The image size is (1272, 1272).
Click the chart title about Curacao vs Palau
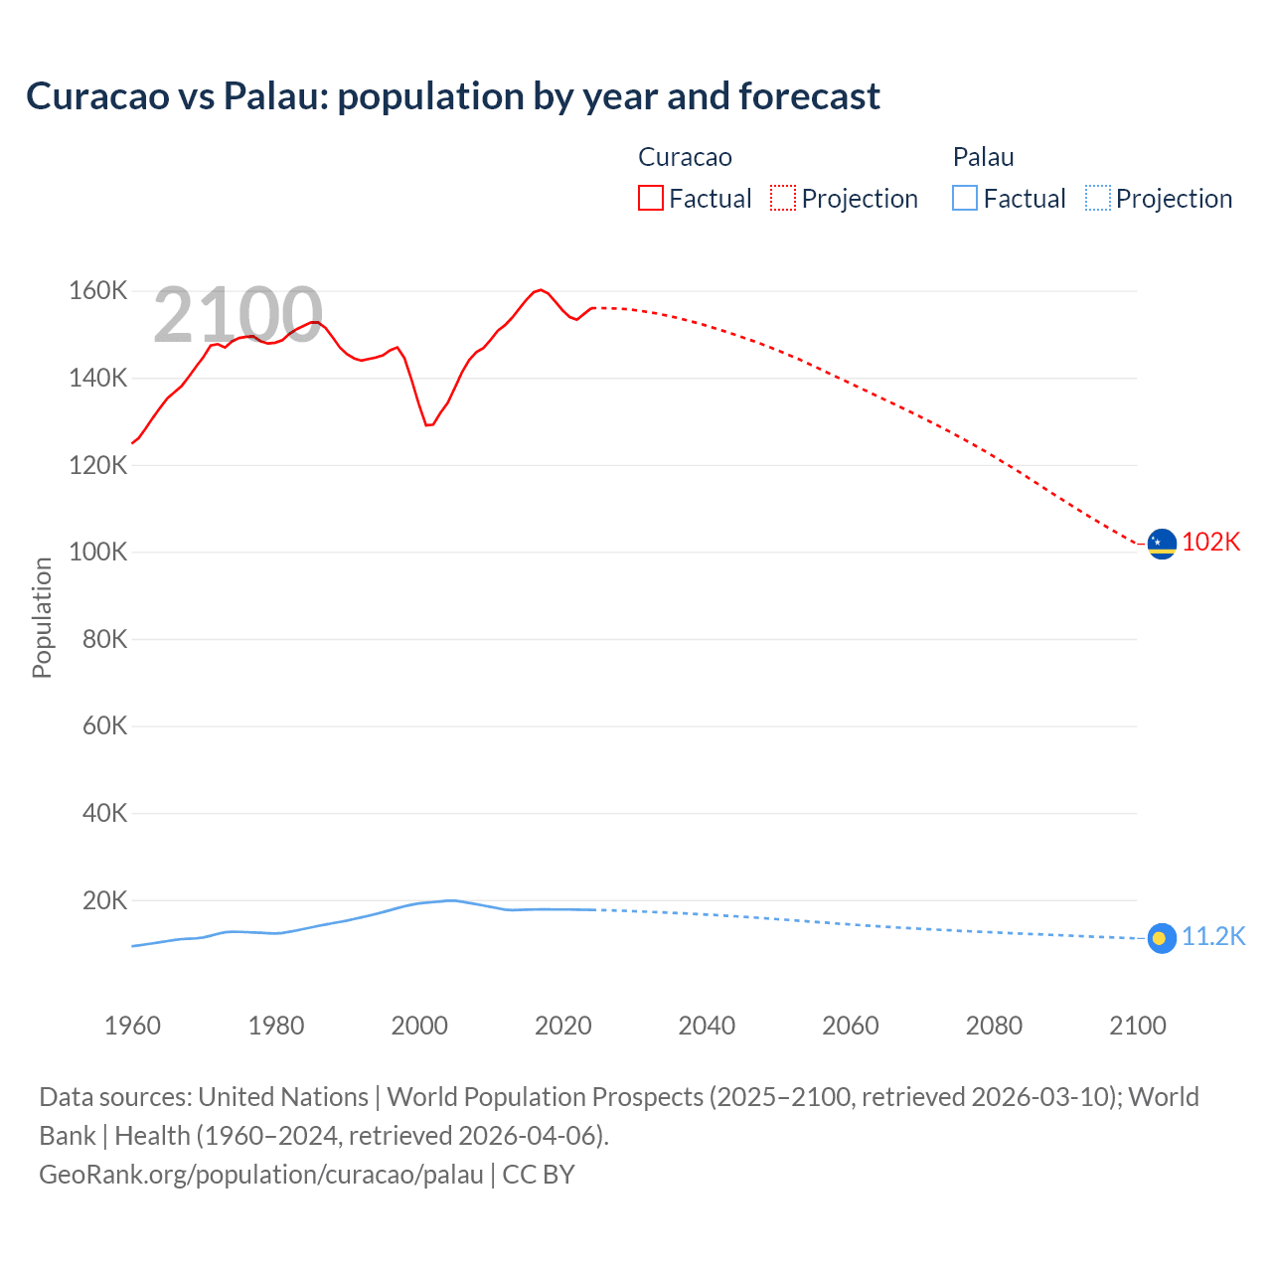(453, 96)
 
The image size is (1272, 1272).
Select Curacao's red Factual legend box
(650, 199)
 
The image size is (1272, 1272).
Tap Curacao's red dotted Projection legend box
(783, 199)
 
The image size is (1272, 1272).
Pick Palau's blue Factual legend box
(965, 199)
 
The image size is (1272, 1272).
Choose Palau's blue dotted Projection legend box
(1098, 199)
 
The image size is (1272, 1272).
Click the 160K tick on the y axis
(97, 291)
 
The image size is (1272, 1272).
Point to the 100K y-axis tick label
(97, 553)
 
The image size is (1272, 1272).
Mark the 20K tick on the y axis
(104, 901)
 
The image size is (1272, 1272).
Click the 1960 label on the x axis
(132, 1026)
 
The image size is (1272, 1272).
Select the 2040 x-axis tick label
(707, 1026)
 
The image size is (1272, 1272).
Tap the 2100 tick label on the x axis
(1137, 1026)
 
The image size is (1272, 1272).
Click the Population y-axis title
(42, 617)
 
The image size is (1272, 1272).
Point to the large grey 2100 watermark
(238, 316)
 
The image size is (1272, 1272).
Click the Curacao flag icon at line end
(1162, 544)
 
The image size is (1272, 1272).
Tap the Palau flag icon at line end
(1162, 938)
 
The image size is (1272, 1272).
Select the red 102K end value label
(1211, 542)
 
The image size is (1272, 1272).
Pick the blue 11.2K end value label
(1213, 937)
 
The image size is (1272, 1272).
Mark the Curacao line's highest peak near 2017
(540, 290)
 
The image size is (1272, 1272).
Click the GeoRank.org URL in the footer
(261, 1175)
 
